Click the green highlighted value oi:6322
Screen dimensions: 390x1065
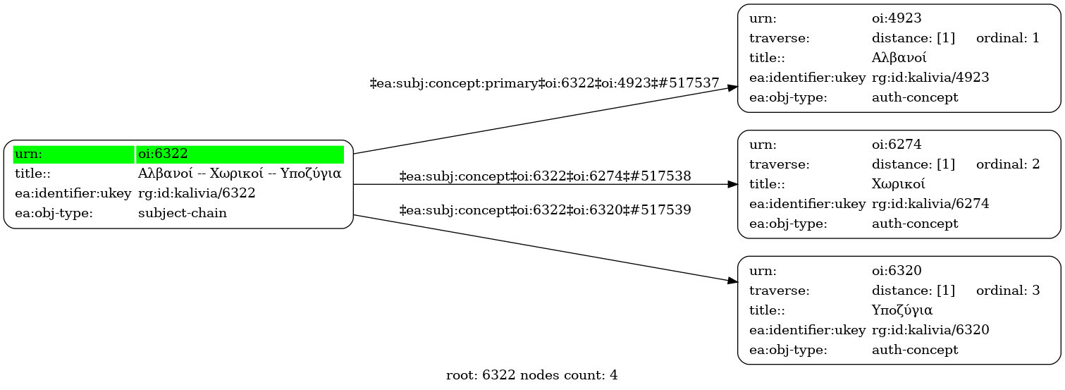[x=163, y=154]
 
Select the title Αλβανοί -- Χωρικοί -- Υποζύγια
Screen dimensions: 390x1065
[x=240, y=173]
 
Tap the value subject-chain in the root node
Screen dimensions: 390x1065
[x=183, y=213]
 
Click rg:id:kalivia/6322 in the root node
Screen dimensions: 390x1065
[x=197, y=193]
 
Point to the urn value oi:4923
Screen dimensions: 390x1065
[x=897, y=18]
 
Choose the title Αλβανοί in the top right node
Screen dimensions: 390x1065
[x=899, y=58]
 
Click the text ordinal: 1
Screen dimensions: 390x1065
[x=1007, y=38]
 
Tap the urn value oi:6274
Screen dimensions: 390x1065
[x=897, y=145]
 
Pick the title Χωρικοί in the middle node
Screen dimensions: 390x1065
[x=899, y=184]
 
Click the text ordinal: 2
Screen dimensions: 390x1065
[x=1007, y=164]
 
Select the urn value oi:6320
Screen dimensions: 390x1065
[x=897, y=270]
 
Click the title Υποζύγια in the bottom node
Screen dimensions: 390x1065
[x=902, y=310]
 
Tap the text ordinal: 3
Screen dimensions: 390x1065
[x=1007, y=290]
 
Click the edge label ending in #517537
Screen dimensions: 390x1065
[x=544, y=84]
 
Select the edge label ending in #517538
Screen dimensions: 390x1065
[x=545, y=176]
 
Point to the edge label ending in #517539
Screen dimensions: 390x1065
[x=545, y=209]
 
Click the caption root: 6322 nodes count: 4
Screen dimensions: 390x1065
[x=532, y=375]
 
